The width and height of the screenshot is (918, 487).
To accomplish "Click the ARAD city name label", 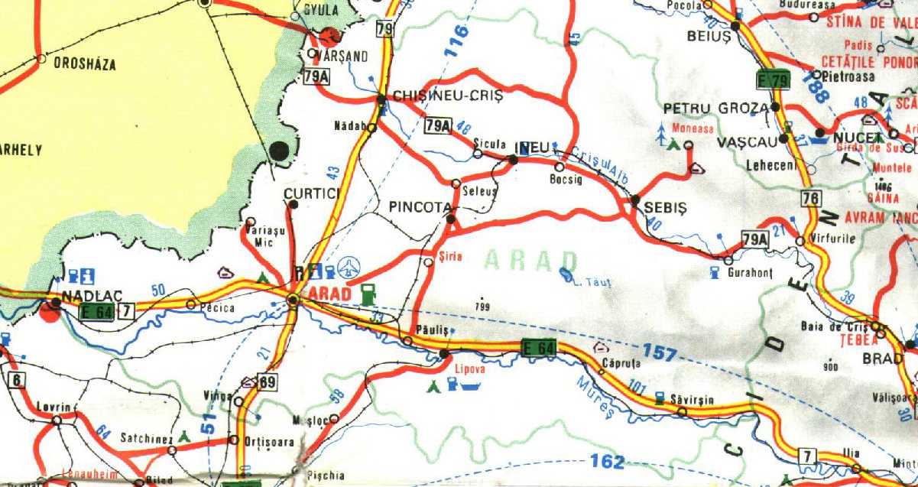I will click(x=330, y=294).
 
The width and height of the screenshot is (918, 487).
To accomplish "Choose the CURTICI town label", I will click(x=311, y=194).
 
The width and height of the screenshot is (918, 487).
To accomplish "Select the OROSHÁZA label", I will click(x=85, y=65).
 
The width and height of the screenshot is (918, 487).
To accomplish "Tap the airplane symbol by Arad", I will click(x=349, y=268).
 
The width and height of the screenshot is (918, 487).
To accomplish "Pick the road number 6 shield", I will click(x=15, y=380).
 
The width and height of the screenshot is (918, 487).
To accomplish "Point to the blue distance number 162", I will click(x=608, y=461).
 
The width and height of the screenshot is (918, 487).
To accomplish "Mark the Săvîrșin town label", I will click(x=685, y=399).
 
